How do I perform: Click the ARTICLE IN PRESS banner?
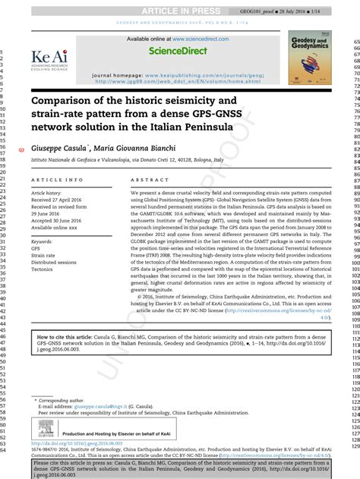coord(180,9)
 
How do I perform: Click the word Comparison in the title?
coord(67,100)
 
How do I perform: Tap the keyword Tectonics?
coord(42,269)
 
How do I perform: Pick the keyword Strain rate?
coord(43,256)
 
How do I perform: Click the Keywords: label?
coord(42,241)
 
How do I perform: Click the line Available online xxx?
coord(54,228)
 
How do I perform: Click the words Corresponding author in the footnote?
coord(65,399)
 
